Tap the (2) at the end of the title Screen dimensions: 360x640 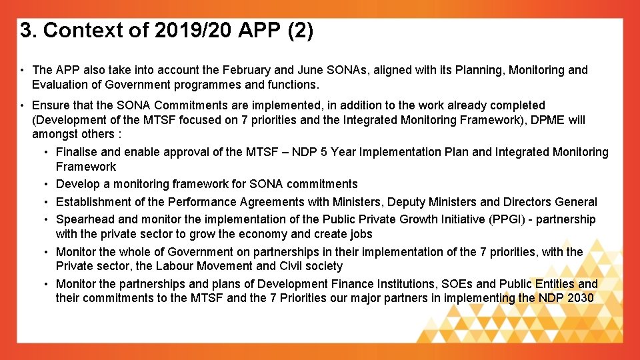(301, 31)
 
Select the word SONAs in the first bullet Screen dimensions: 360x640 (370, 70)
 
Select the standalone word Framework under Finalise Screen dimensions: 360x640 (86, 167)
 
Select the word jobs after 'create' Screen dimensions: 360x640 (361, 234)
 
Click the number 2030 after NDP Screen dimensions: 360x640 (579, 298)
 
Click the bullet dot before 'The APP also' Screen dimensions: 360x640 (23, 70)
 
